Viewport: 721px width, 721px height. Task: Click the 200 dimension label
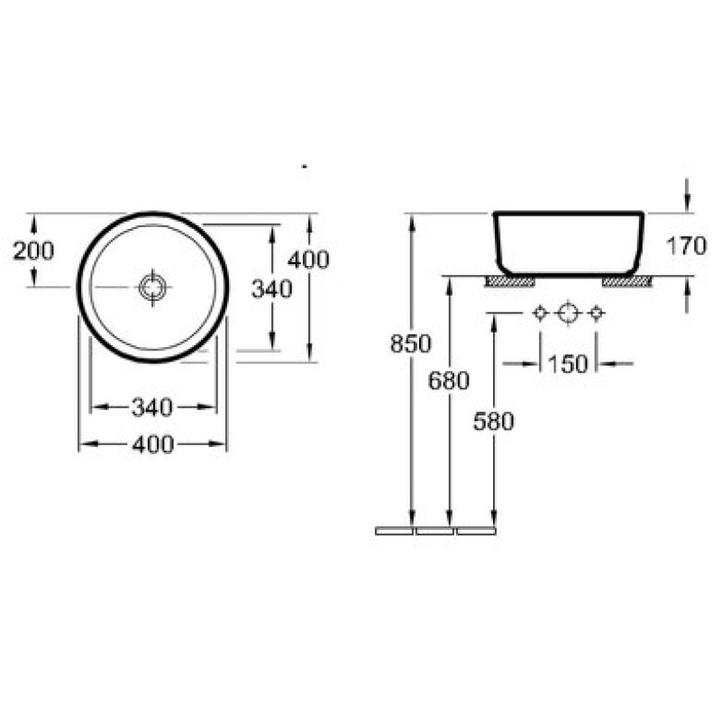tap(33, 251)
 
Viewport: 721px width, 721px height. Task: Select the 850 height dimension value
tap(411, 343)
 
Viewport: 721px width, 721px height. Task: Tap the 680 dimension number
tap(449, 380)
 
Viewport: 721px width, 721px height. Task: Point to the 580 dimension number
tap(493, 422)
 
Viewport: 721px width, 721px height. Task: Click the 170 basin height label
tap(686, 246)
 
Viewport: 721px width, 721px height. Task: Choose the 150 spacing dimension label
tap(569, 364)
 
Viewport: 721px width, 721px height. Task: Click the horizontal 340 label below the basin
tap(152, 407)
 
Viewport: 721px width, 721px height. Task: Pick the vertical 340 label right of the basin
tap(272, 289)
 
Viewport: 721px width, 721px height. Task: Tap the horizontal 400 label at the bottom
tap(152, 444)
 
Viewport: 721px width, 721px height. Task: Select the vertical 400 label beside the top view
tap(308, 260)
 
